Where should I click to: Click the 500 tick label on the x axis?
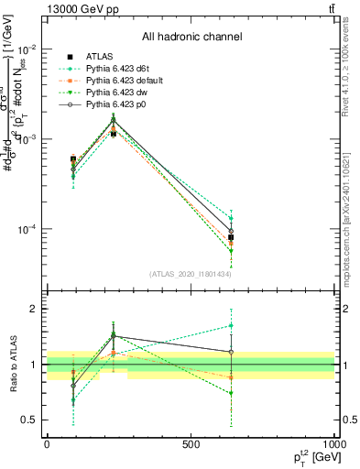pyautogui.click(x=191, y=443)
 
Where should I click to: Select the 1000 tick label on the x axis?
pyautogui.click(x=333, y=443)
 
